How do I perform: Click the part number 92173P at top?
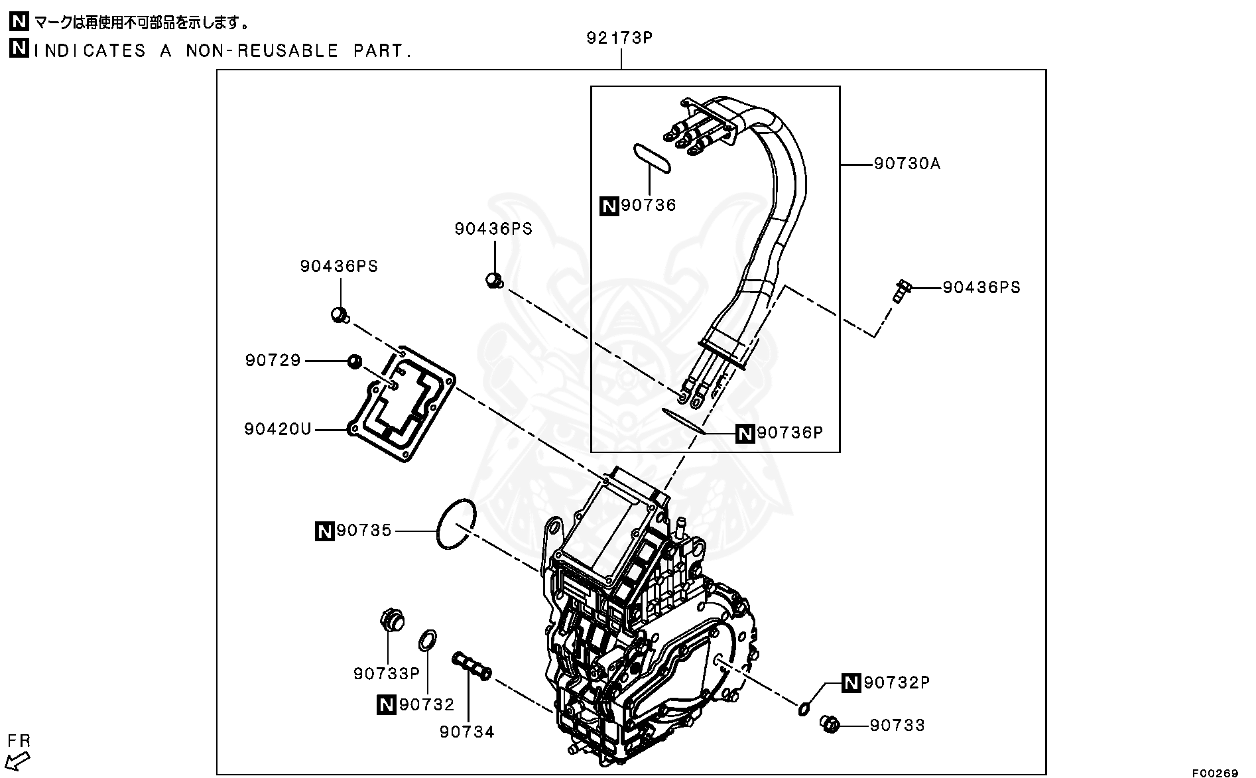pos(619,38)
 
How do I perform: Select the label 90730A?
pos(907,163)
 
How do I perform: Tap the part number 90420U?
pos(278,429)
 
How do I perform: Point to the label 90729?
pos(273,360)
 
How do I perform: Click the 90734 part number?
pos(468,732)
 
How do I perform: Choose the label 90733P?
pos(387,673)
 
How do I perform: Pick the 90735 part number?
pos(364,531)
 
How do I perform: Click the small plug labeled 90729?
pos(355,361)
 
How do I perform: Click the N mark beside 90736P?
pos(745,434)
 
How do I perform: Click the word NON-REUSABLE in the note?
pos(263,51)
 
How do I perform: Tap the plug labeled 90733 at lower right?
pos(829,724)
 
